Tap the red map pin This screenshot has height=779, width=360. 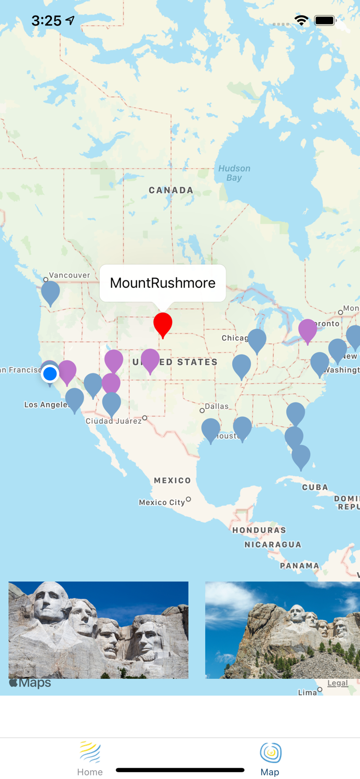tap(163, 323)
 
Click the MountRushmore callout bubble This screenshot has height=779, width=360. tap(163, 283)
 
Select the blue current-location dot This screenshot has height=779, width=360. tap(50, 373)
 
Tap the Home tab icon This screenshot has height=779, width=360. tap(90, 753)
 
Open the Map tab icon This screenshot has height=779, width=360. tap(270, 753)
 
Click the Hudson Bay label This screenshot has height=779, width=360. tap(234, 173)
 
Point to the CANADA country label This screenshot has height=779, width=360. tap(171, 190)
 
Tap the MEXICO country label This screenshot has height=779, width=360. tap(172, 480)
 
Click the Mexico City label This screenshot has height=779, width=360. tap(162, 502)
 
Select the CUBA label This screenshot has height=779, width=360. tap(315, 487)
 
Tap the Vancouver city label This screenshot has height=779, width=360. tap(69, 275)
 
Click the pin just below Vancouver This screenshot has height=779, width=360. tap(50, 292)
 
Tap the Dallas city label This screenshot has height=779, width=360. tap(217, 406)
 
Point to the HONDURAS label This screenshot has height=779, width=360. tap(259, 530)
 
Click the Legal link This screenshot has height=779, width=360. tap(338, 683)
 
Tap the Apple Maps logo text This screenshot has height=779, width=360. tap(30, 682)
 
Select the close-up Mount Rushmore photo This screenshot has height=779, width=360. tap(98, 630)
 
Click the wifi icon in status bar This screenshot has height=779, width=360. tap(301, 20)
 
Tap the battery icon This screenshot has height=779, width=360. tap(325, 20)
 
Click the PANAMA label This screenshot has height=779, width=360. tap(299, 566)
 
